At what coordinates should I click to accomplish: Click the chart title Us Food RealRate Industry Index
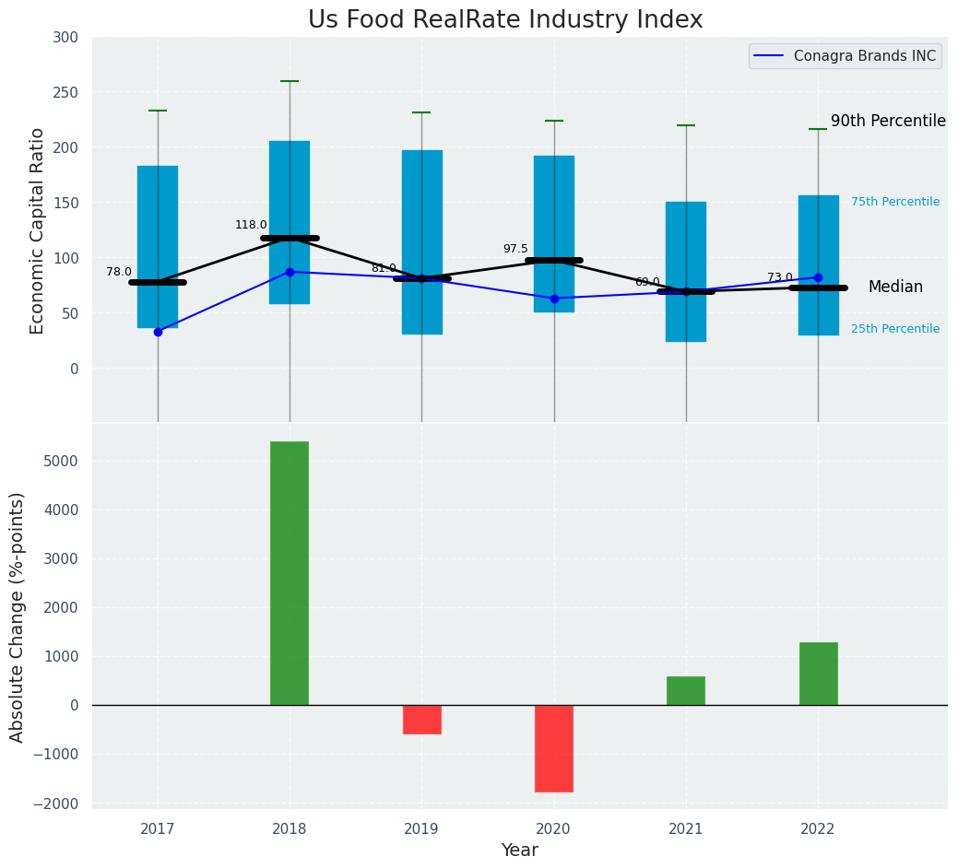pos(505,20)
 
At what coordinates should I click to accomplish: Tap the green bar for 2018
pos(290,573)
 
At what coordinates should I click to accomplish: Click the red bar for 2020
pos(554,748)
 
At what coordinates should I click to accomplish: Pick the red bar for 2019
pos(422,720)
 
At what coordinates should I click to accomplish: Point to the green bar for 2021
pos(686,691)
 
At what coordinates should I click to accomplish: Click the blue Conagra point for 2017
pos(158,332)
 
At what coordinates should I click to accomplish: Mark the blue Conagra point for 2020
pos(554,299)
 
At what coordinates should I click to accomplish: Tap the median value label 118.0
pos(251,225)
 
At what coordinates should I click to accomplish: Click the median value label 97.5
pos(515,249)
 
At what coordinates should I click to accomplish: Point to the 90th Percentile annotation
pos(888,122)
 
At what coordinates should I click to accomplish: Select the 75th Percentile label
pos(894,202)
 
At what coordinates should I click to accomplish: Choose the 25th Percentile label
pos(894,329)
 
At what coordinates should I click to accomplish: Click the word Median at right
pos(895,287)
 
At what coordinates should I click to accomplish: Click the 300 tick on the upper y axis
pos(65,38)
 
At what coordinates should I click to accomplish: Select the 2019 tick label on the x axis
pos(422,829)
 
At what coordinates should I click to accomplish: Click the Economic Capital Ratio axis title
pos(38,230)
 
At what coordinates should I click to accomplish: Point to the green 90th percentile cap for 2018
pos(290,81)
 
